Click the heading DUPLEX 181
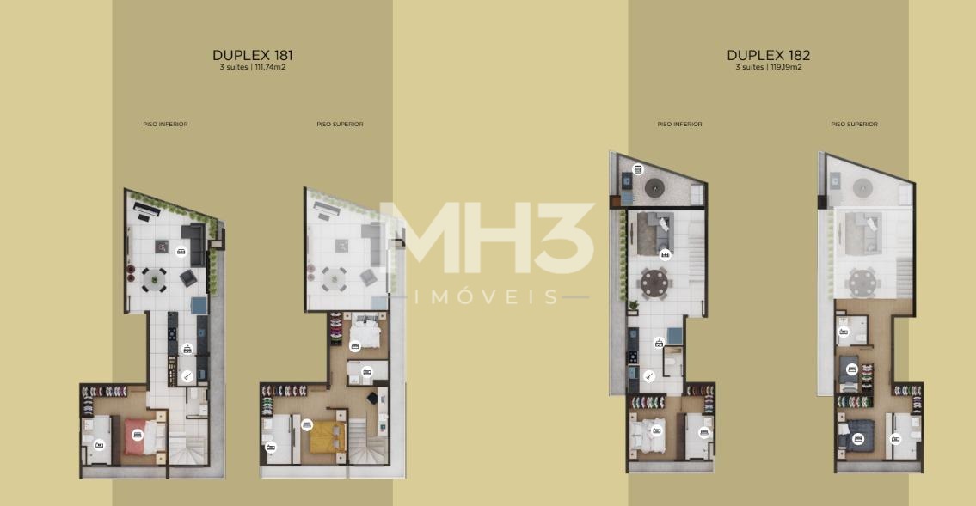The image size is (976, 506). click(252, 55)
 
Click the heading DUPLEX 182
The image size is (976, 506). click(768, 55)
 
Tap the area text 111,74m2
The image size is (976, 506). click(270, 67)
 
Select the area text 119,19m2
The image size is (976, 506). click(786, 67)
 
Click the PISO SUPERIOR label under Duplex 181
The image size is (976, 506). click(340, 125)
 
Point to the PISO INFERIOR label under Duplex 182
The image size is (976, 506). click(679, 125)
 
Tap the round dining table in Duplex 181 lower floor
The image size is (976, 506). click(154, 280)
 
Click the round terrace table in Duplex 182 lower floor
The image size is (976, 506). click(654, 188)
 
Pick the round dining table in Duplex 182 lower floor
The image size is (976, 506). click(654, 283)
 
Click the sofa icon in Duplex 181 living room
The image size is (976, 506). click(181, 252)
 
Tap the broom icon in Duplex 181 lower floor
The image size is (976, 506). click(187, 376)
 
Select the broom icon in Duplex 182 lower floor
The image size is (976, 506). click(648, 375)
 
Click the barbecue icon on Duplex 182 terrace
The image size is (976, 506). click(637, 169)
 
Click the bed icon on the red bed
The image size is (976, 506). click(138, 436)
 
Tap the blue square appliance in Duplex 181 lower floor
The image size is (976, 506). click(199, 305)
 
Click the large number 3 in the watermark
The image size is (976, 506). click(565, 237)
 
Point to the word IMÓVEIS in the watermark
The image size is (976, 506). click(486, 296)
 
